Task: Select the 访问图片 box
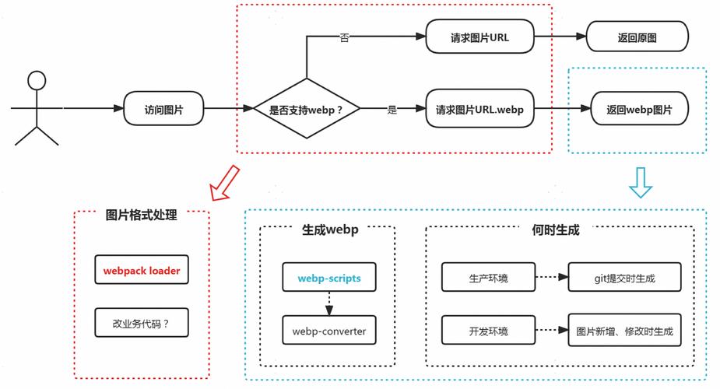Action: [x=164, y=110]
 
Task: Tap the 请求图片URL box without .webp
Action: [x=479, y=37]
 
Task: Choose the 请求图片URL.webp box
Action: [x=479, y=110]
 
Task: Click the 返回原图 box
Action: [x=637, y=37]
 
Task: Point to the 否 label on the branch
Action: [x=345, y=37]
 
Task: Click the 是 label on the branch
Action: [x=392, y=110]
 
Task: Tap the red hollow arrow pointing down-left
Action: [x=225, y=183]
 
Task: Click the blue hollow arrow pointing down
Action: [x=640, y=182]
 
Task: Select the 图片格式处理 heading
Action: [x=142, y=215]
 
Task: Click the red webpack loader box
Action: [x=142, y=271]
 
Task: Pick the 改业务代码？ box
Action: [x=142, y=322]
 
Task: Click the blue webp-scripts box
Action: [x=328, y=278]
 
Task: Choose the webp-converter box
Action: [x=328, y=331]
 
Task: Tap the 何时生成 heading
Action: [x=556, y=230]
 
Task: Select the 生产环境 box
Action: [x=488, y=278]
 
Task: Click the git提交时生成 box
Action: [x=624, y=278]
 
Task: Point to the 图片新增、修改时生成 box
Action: [x=624, y=331]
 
